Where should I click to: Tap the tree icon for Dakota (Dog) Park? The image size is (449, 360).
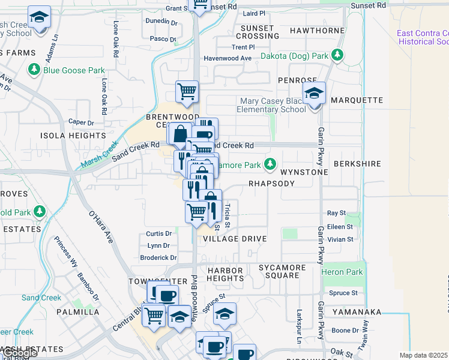coord(338,56)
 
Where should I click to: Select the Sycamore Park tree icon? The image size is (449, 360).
coord(270,164)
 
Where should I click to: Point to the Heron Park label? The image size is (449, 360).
coord(346,272)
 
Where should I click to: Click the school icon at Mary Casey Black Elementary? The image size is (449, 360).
coord(313,94)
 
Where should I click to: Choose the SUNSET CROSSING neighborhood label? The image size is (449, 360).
coord(259,32)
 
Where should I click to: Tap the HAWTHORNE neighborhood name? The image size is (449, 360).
coord(317,30)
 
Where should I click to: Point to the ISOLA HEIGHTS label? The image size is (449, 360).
coord(64,136)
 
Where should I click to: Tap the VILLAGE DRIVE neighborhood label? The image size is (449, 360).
coord(235,239)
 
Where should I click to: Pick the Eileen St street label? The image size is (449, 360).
coord(340,227)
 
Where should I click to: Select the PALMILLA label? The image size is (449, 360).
coord(78,312)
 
